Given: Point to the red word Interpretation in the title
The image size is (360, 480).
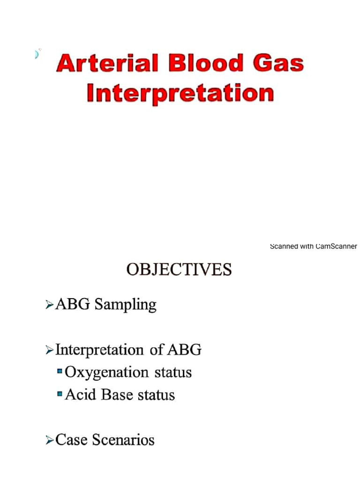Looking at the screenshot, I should pyautogui.click(x=180, y=93).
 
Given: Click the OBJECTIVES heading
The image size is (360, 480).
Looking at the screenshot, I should pyautogui.click(x=179, y=270).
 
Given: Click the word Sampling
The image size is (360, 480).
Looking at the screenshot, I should pyautogui.click(x=125, y=305).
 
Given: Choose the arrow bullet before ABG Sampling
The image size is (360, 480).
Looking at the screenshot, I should pyautogui.click(x=49, y=306).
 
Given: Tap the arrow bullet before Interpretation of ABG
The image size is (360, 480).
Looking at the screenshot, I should pyautogui.click(x=49, y=350).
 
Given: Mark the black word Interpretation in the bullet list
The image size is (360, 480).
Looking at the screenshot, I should pyautogui.click(x=99, y=350).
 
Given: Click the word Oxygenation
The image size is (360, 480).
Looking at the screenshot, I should pyautogui.click(x=106, y=373).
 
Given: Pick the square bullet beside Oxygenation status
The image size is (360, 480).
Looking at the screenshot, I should pyautogui.click(x=60, y=372).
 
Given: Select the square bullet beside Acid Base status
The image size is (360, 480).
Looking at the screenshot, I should pyautogui.click(x=60, y=394).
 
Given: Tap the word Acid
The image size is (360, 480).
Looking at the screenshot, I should pyautogui.click(x=81, y=395).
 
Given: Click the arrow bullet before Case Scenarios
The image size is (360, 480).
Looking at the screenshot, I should pyautogui.click(x=49, y=440).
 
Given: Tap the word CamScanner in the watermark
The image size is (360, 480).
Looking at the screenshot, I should pyautogui.click(x=337, y=247).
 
